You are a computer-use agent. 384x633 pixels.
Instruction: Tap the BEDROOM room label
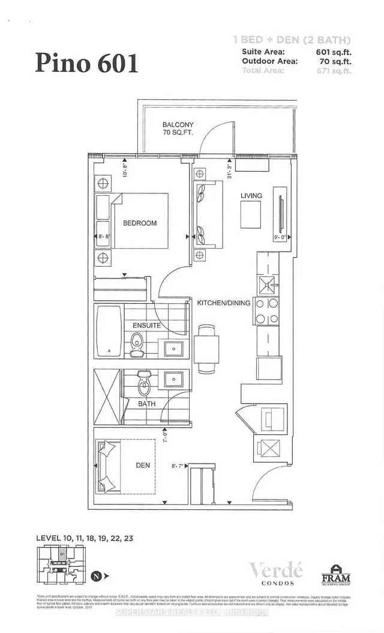click(139, 223)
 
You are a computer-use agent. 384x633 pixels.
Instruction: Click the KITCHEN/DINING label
click(224, 303)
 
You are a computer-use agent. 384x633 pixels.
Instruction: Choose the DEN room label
click(142, 465)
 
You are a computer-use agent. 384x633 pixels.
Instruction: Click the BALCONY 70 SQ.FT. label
click(178, 129)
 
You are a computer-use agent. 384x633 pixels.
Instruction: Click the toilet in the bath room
click(143, 381)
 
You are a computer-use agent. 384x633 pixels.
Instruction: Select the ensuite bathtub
click(109, 332)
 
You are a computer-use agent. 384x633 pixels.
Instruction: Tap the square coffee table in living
click(250, 214)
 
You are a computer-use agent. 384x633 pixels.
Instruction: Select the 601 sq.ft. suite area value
click(332, 52)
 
